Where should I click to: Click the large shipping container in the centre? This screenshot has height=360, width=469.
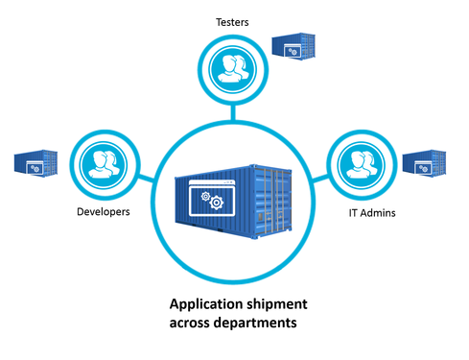[x=230, y=197]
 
